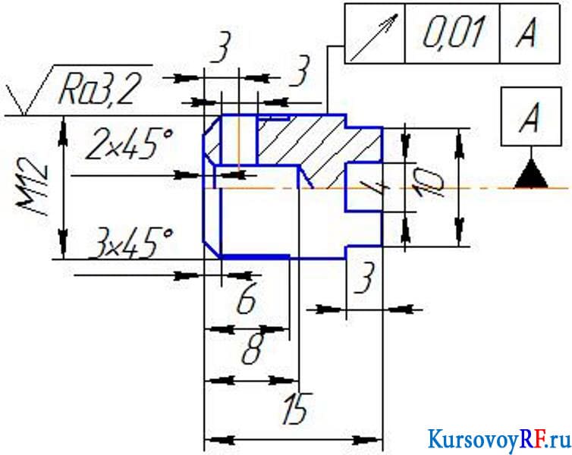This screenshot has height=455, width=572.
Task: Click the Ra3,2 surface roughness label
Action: click(99, 91)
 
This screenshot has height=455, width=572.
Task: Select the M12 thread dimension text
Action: click(32, 187)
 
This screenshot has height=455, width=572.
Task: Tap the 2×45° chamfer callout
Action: click(127, 145)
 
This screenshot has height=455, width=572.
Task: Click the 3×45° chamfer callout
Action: click(130, 243)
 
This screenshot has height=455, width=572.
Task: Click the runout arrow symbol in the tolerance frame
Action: click(375, 37)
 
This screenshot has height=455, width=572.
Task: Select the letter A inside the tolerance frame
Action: click(527, 33)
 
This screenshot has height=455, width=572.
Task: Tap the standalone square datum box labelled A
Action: click(531, 117)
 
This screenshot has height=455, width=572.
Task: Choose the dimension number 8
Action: click(253, 348)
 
